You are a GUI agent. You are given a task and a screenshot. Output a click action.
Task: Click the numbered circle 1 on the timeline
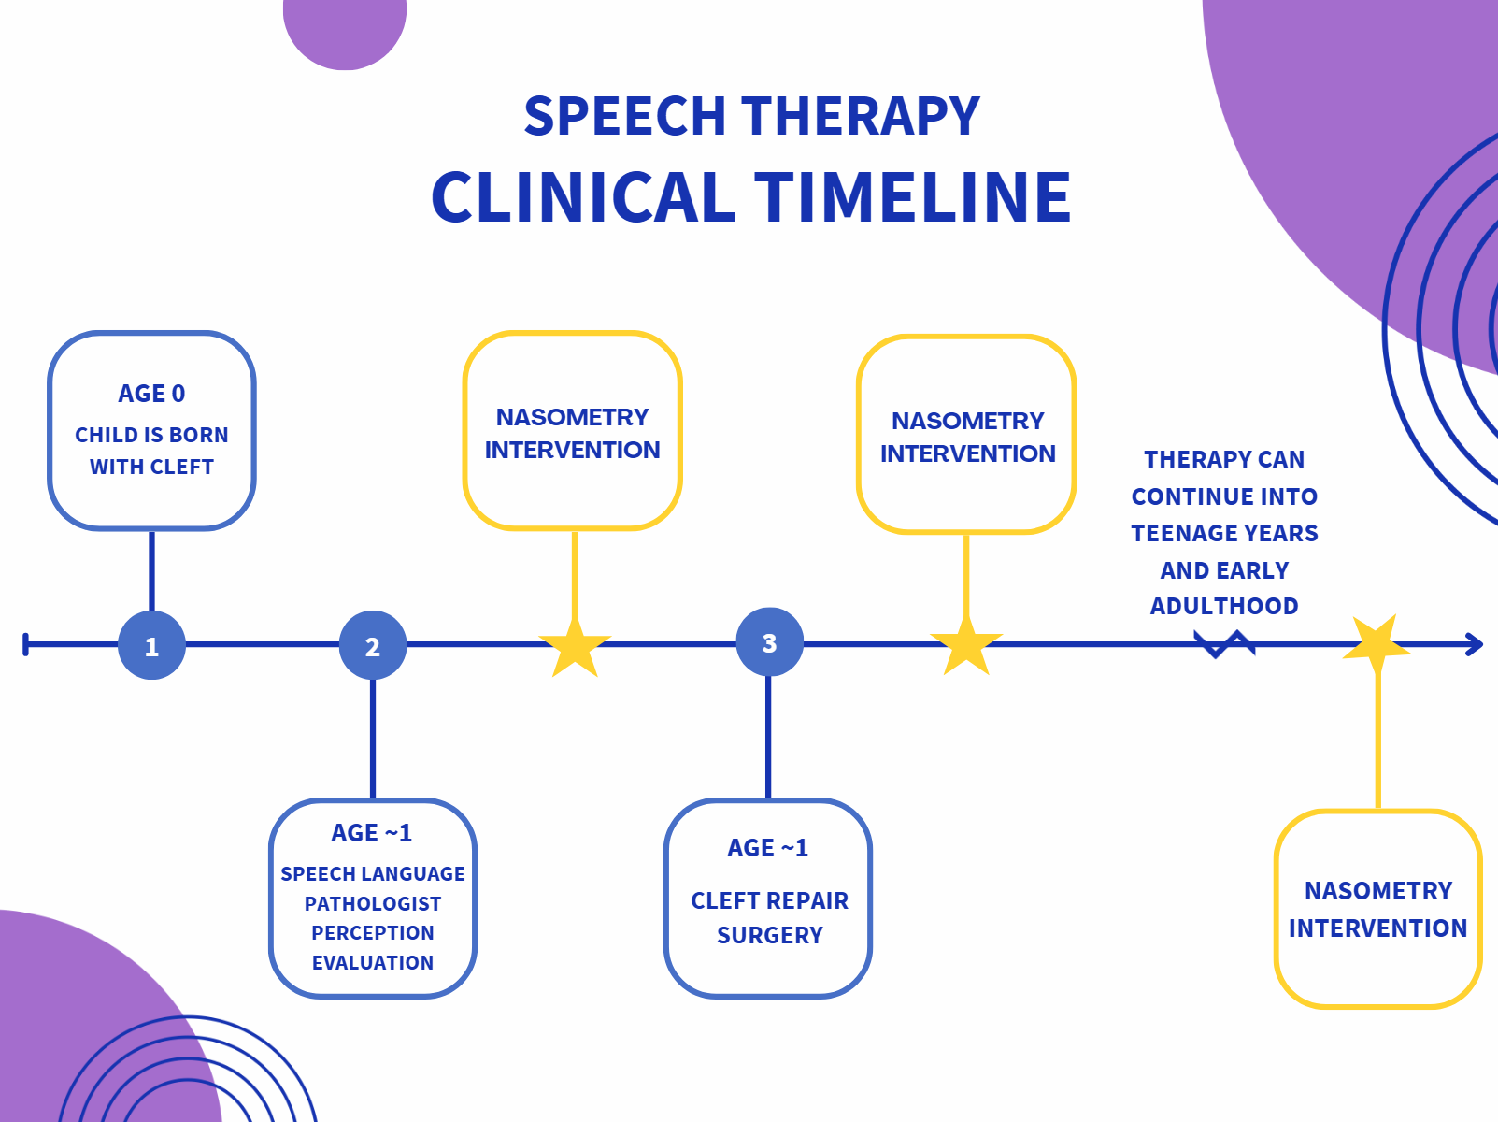(151, 645)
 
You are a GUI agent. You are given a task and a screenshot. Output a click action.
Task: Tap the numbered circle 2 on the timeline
(373, 645)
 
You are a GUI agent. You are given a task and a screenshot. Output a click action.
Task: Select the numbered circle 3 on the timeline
(769, 642)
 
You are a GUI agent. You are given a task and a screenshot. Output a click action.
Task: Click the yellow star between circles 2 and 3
(575, 646)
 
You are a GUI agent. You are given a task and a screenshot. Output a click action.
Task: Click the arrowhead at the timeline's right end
(1474, 644)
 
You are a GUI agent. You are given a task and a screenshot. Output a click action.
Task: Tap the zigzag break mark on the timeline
(1224, 644)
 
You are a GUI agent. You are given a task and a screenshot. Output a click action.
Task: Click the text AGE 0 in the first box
(151, 394)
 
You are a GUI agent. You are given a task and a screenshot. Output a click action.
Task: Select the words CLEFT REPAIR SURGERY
(770, 918)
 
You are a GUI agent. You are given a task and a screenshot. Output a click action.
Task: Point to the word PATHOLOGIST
(373, 903)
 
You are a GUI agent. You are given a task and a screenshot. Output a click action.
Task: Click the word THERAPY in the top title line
(861, 115)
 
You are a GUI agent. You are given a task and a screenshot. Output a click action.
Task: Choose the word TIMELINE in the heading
(912, 196)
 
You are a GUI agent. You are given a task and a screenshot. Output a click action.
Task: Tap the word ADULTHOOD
(1224, 606)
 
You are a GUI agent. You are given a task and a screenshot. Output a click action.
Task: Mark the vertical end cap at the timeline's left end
(26, 644)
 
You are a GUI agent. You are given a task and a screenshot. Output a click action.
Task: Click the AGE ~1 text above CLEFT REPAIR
(768, 847)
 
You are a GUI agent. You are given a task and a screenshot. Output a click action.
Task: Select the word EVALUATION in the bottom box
(373, 962)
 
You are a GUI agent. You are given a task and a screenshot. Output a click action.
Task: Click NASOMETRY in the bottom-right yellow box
(1378, 890)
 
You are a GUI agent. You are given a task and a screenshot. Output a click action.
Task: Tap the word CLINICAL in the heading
(583, 196)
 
